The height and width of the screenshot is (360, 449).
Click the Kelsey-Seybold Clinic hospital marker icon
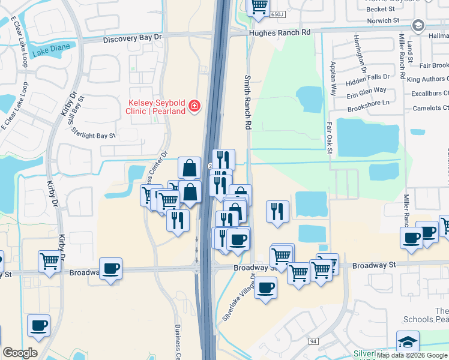click(194, 107)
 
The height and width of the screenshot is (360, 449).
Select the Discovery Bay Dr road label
click(133, 38)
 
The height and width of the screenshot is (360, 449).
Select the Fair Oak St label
click(330, 138)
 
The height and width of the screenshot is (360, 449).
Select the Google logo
click(20, 353)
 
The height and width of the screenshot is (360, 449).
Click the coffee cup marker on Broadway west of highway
click(111, 269)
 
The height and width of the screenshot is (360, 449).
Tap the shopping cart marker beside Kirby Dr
click(49, 261)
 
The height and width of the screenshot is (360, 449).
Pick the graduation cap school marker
click(408, 341)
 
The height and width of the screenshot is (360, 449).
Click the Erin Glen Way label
click(366, 90)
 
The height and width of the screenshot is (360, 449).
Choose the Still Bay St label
click(76, 112)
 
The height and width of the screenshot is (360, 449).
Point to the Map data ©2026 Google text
click(412, 355)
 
